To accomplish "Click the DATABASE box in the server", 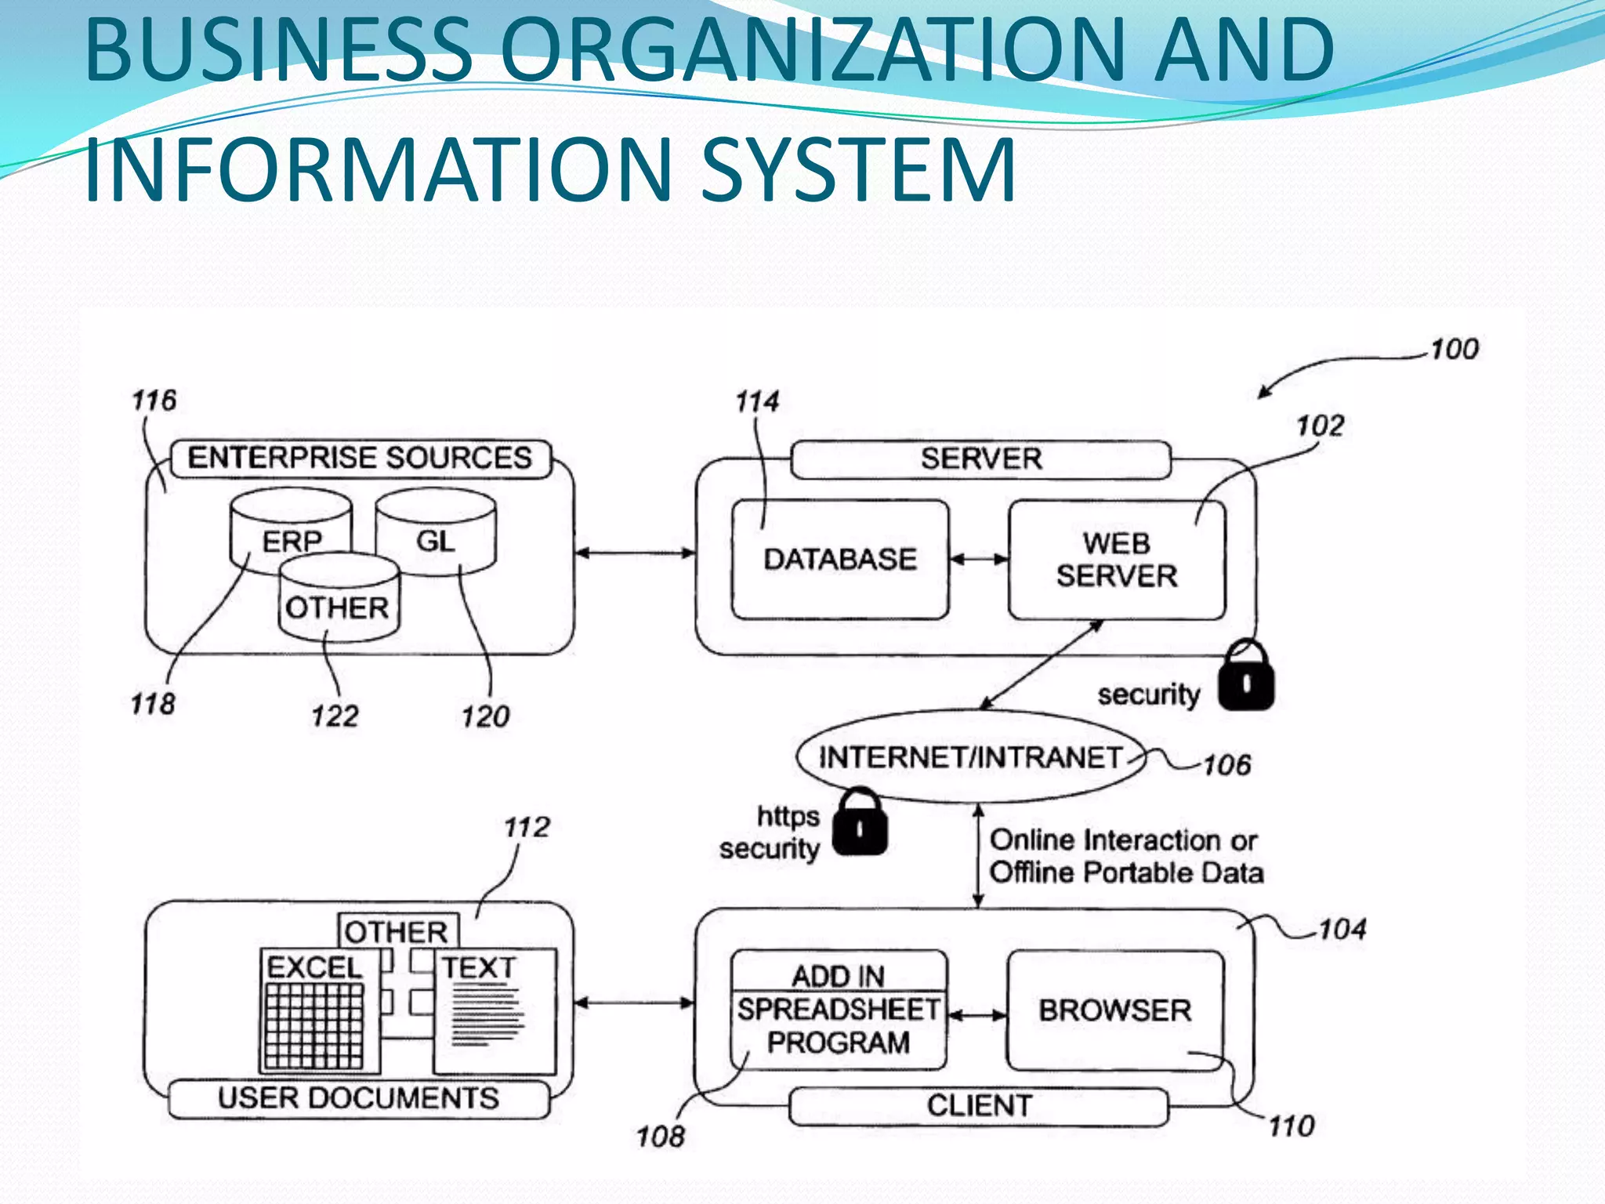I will [x=839, y=560].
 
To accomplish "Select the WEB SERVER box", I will [x=1116, y=560].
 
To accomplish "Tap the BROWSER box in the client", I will [x=1114, y=1010].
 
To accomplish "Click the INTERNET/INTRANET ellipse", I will [x=970, y=757].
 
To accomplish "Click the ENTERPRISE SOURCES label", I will [x=360, y=458].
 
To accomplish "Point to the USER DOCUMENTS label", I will [x=358, y=1098].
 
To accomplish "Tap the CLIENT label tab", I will [x=979, y=1106].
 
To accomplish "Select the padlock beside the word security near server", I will [x=1246, y=676].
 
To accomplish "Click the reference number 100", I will [x=1454, y=350].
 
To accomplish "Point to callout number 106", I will [x=1226, y=764].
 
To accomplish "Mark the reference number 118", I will [x=153, y=704].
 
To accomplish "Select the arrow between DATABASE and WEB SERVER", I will [x=979, y=559].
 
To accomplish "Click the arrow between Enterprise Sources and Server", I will [x=635, y=553].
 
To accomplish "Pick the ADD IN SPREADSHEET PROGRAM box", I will [x=838, y=1010].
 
